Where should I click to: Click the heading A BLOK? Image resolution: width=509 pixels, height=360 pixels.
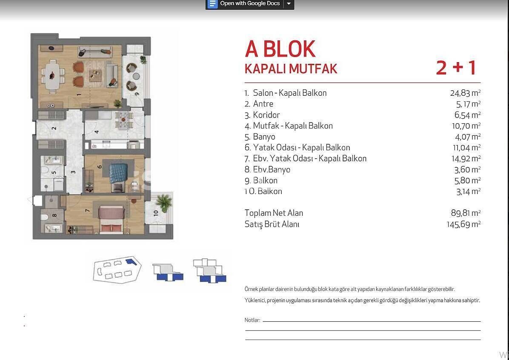coord(280,49)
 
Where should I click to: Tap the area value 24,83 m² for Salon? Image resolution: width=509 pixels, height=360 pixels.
coord(465,93)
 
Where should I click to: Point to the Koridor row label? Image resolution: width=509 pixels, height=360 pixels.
coord(266,115)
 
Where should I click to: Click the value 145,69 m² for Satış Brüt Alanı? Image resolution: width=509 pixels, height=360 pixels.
coord(463,224)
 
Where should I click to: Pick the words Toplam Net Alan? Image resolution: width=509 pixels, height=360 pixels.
coord(274,213)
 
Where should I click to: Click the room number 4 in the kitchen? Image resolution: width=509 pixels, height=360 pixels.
coord(97,131)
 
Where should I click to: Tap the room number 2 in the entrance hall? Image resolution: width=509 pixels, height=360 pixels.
coord(54,128)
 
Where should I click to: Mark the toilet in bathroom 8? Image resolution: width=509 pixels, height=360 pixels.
coord(44,217)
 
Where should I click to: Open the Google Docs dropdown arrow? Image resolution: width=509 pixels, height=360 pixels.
coord(289,4)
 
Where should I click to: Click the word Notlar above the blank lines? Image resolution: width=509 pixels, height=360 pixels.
coord(252,320)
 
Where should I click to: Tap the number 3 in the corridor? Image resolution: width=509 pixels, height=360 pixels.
coord(73,172)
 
